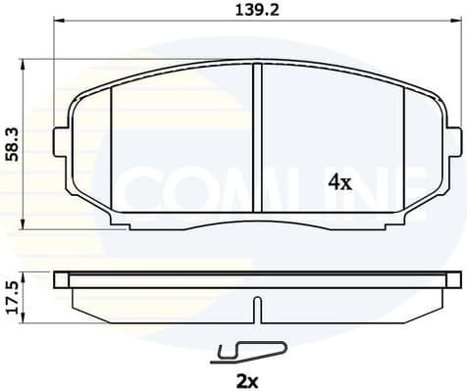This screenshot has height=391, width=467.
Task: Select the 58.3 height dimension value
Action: pos(12,144)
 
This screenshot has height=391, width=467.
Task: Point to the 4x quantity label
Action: pos(338,182)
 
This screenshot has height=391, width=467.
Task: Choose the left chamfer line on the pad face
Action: pos(114,147)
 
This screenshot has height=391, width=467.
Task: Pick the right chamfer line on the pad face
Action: pos(404,147)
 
